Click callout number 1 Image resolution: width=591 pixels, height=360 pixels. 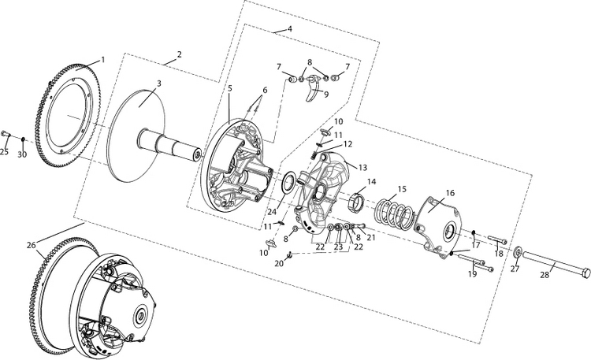(x=102, y=61)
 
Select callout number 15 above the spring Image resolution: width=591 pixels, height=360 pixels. (x=402, y=189)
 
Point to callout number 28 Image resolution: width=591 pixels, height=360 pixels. (x=544, y=275)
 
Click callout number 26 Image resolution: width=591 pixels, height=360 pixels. (x=32, y=245)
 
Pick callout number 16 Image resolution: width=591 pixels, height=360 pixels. (x=450, y=192)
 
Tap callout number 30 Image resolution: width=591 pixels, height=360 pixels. (x=22, y=154)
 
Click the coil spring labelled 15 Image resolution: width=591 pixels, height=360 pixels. (x=391, y=213)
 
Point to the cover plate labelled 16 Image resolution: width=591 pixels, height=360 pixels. (x=441, y=225)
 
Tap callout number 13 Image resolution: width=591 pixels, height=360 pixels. (x=363, y=167)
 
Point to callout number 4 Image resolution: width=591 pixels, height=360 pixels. (x=289, y=28)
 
